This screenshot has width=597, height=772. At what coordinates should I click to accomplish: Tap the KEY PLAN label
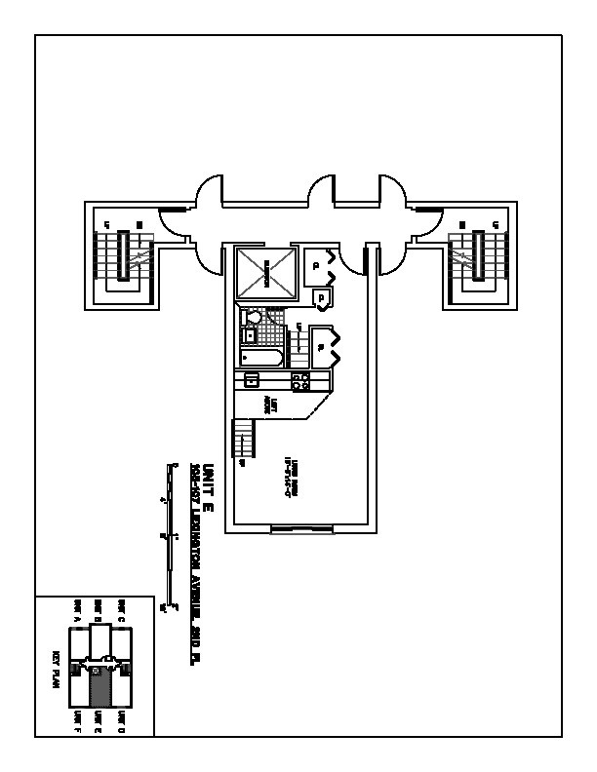click(x=57, y=671)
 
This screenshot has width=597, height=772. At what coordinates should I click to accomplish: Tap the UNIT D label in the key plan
click(x=121, y=722)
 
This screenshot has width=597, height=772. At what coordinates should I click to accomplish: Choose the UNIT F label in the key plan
click(x=77, y=722)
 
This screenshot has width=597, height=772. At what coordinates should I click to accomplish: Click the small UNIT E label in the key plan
click(x=99, y=722)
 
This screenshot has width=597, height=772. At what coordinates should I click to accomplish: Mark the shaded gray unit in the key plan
click(x=99, y=688)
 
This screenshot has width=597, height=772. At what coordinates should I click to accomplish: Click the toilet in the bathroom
click(x=254, y=318)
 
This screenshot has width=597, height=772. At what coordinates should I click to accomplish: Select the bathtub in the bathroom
click(x=260, y=358)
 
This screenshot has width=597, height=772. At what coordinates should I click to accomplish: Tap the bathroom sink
click(x=249, y=336)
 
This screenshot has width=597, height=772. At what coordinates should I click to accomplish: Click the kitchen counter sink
click(x=252, y=380)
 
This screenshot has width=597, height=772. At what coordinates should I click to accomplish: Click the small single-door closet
click(x=321, y=298)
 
